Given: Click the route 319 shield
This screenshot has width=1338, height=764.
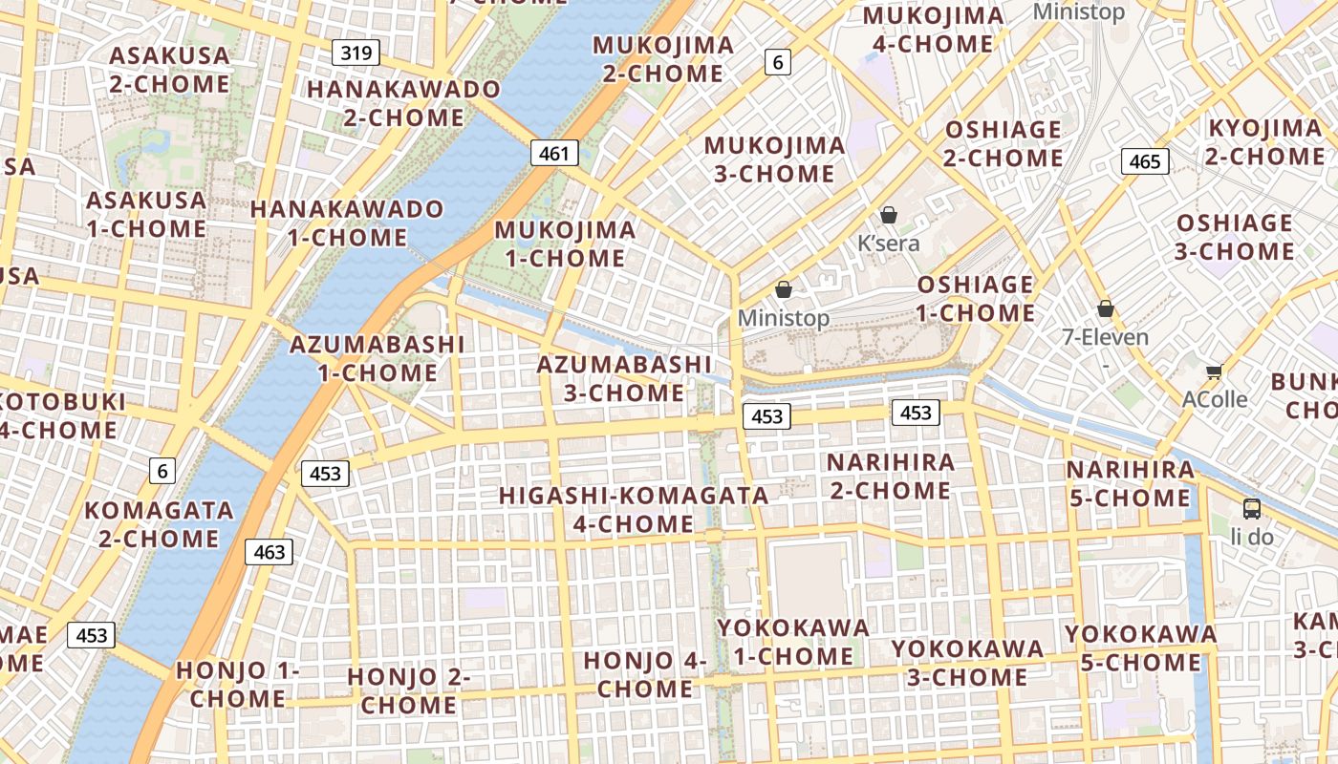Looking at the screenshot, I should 356,53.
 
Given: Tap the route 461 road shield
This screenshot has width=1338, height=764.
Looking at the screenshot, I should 553,153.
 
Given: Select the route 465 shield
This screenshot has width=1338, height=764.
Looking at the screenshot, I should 1144,161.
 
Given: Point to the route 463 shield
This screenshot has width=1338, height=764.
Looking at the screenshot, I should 269,551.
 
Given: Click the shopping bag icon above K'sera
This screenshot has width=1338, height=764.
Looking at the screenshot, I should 889,215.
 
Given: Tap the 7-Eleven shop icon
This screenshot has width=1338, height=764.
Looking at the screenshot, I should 1106,308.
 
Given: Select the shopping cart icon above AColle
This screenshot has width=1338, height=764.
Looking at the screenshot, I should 1214,371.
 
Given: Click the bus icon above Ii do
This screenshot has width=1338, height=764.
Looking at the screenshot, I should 1251,508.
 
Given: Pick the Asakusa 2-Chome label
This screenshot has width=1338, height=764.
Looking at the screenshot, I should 169,70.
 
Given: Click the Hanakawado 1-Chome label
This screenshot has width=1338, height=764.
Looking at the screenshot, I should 347,223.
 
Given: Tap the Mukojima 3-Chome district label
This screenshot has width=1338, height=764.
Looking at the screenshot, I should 774,159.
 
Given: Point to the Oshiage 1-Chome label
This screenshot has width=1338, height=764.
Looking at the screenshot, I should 976,299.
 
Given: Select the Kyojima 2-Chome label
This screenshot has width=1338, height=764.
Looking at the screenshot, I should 1264,142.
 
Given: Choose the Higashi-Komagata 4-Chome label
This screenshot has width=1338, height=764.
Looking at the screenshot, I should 634,509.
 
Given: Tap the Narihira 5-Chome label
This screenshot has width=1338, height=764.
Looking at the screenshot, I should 1130,484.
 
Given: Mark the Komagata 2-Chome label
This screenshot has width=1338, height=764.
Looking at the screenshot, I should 159,524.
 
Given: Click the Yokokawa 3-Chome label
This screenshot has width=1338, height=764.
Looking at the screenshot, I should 967,663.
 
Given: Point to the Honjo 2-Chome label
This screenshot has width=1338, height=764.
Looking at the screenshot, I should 409,691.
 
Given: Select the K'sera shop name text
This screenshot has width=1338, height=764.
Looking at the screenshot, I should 888,244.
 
